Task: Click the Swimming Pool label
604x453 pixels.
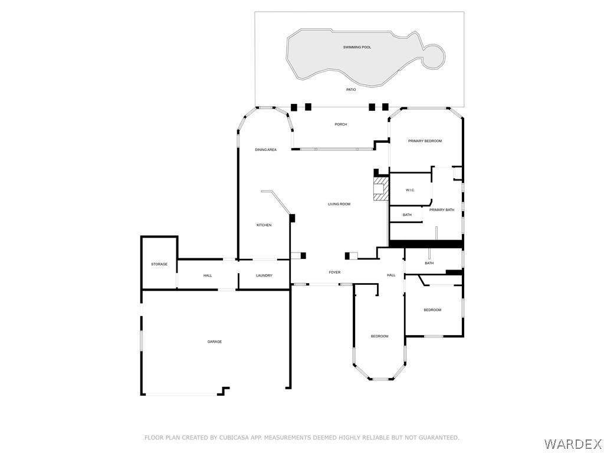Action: (357, 47)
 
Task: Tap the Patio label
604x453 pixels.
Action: (351, 90)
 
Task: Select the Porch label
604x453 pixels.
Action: (340, 124)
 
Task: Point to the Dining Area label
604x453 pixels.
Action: (266, 150)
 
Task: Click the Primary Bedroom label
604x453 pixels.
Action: (425, 141)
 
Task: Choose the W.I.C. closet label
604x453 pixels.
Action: (410, 191)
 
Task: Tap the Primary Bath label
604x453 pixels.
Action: (442, 210)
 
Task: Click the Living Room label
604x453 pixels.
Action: (339, 204)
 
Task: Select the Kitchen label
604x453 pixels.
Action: (264, 225)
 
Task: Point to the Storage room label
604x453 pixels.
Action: (159, 264)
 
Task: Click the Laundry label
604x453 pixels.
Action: (264, 275)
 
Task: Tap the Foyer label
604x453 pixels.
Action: (334, 273)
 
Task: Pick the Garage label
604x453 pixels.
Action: (215, 342)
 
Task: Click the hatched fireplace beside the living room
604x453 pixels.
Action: (381, 189)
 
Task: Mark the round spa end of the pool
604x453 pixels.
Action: (434, 57)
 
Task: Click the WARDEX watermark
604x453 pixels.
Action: (573, 444)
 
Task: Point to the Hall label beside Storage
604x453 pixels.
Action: (208, 275)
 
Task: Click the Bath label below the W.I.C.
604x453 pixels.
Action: (407, 215)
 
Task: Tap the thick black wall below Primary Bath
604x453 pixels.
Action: (426, 244)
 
